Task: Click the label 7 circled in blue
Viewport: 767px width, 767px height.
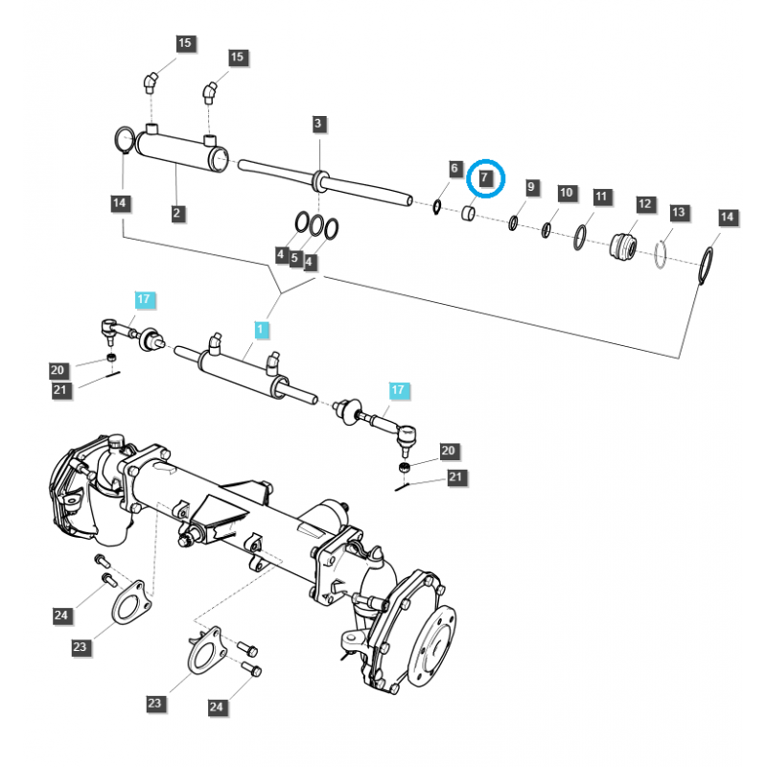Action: click(x=485, y=178)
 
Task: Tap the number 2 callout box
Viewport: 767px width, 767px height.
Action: click(x=177, y=214)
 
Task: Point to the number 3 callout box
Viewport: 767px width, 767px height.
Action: click(x=319, y=124)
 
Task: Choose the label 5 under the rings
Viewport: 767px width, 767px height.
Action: click(x=295, y=258)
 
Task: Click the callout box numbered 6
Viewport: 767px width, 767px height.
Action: click(x=455, y=170)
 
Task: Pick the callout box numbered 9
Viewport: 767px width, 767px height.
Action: click(x=532, y=186)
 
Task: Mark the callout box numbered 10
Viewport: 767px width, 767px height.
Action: click(x=566, y=193)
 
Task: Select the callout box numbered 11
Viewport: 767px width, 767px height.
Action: click(x=601, y=198)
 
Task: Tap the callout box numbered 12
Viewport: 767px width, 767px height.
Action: click(x=644, y=204)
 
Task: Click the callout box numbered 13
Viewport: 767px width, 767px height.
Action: click(x=679, y=212)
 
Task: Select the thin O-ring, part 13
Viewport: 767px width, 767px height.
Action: click(x=662, y=254)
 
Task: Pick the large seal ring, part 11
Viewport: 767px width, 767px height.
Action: click(x=581, y=237)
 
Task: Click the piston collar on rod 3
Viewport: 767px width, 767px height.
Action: click(x=319, y=177)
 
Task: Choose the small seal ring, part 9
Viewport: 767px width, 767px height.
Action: click(x=513, y=223)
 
